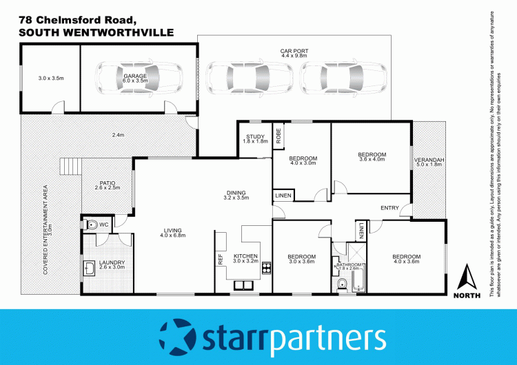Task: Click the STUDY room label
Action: tap(255, 137)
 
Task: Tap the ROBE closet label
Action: tap(278, 136)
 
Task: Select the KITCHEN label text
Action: tap(245, 256)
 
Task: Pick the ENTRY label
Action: tap(390, 207)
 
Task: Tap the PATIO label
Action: tap(106, 182)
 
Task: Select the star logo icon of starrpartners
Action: tap(178, 336)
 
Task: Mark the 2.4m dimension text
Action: tap(118, 135)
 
